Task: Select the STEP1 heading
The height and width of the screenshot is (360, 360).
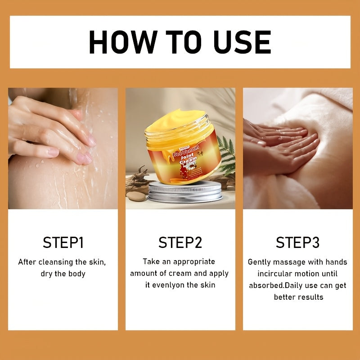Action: click(x=63, y=243)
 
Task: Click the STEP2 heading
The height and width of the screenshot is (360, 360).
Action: click(x=180, y=243)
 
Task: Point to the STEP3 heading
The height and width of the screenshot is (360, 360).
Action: click(x=297, y=243)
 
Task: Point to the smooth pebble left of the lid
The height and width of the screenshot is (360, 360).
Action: click(x=136, y=196)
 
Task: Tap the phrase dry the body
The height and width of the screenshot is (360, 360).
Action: click(x=63, y=274)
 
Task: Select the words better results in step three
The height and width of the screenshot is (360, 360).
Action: click(x=299, y=297)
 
